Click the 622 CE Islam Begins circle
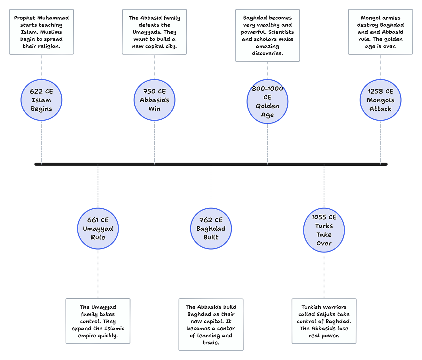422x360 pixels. (x=42, y=100)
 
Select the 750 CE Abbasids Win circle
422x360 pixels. (x=154, y=100)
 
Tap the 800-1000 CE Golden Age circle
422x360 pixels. (x=268, y=101)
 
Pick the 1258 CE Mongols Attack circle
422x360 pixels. (x=380, y=100)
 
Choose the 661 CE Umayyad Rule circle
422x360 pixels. (x=98, y=228)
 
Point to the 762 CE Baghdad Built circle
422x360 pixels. (x=211, y=228)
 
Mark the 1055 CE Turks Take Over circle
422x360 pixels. (x=324, y=230)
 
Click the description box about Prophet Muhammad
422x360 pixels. (x=42, y=32)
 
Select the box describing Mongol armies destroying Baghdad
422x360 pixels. (x=380, y=32)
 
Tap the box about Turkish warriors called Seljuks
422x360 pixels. (x=324, y=321)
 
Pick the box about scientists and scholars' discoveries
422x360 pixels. (x=268, y=36)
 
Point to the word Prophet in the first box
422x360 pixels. (x=25, y=18)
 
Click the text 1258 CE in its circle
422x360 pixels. (x=380, y=92)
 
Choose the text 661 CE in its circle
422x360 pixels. (x=98, y=220)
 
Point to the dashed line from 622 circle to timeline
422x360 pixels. (x=42, y=142)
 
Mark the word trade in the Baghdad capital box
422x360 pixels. (x=211, y=343)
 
